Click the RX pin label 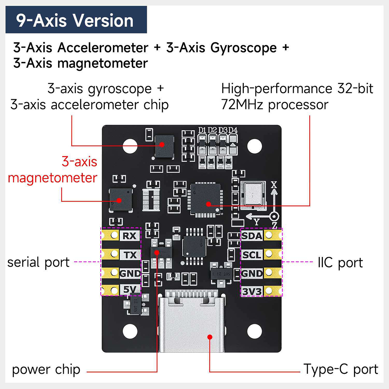(130, 236)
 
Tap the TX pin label (130, 255)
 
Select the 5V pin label (130, 289)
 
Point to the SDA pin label (252, 236)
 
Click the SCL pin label (252, 255)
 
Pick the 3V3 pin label (252, 292)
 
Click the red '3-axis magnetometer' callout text (53, 170)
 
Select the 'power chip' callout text (46, 370)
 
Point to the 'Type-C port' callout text (341, 369)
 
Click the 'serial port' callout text (38, 262)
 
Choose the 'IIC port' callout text (340, 263)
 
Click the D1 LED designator (202, 130)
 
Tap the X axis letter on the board (274, 185)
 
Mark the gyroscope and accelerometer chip (164, 146)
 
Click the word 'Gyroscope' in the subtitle (243, 48)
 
